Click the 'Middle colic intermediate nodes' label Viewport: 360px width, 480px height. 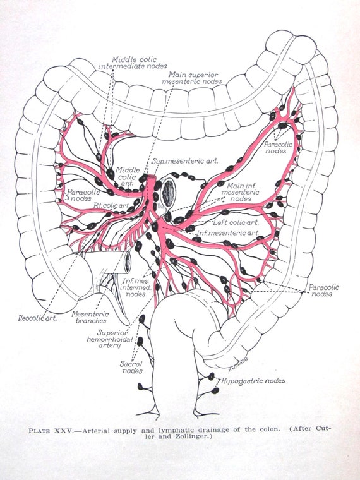pos(133,63)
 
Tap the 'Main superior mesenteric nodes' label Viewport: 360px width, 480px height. pos(192,78)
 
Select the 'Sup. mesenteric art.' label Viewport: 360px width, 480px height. pos(184,160)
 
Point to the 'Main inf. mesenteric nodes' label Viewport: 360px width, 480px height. pos(240,192)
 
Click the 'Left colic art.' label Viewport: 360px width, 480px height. pos(236,222)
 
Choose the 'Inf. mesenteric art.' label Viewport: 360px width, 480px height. pos(228,233)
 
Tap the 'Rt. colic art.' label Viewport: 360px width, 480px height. pos(111,205)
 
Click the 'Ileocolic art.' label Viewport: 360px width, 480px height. pos(37,318)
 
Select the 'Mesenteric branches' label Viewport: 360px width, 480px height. pos(90,317)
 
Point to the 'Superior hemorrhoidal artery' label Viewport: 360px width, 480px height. pos(110,339)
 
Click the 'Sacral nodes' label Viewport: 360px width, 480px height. pos(131,367)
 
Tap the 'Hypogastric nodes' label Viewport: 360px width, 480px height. pos(253,381)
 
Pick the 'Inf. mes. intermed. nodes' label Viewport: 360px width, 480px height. pos(136,287)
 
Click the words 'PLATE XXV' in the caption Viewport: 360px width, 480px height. pos(51,430)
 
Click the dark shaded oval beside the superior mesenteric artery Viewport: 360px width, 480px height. pos(169,193)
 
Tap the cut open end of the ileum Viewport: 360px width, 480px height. pos(128,261)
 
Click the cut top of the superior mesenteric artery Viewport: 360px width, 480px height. pos(151,177)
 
